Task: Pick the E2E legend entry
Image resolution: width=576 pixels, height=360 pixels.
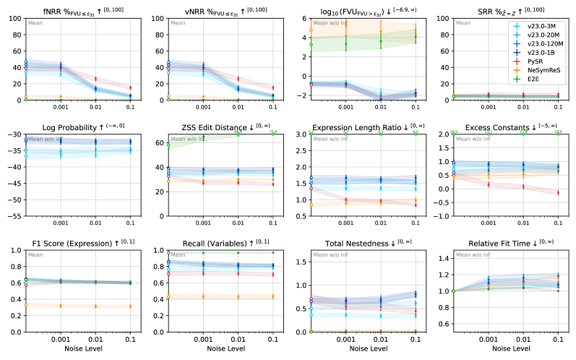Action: point(535,80)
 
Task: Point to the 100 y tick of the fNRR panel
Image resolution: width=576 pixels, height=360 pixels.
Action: point(14,17)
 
